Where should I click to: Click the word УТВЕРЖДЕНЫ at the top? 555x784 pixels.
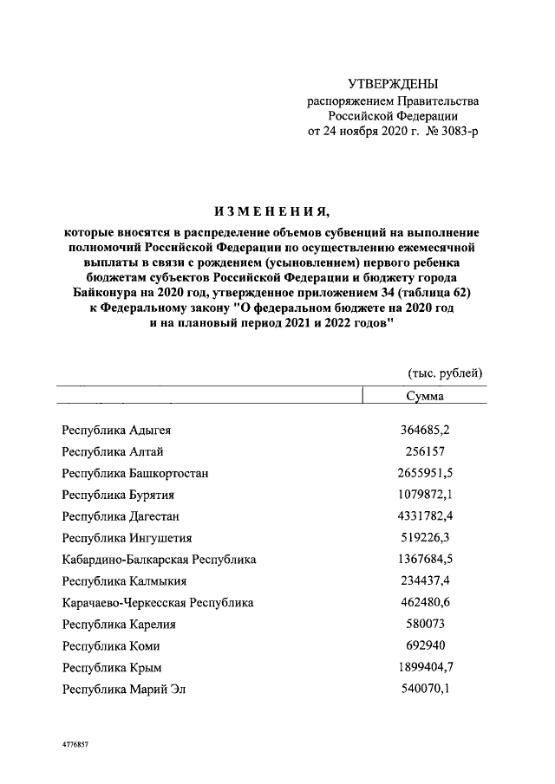click(393, 84)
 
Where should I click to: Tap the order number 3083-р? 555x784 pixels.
click(451, 131)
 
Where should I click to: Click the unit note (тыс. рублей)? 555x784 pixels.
click(445, 373)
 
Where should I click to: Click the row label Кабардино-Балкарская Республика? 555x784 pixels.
click(159, 560)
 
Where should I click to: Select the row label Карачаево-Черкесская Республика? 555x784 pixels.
click(158, 603)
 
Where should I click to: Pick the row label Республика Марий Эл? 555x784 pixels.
click(124, 690)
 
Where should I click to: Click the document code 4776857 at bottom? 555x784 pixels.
click(75, 744)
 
